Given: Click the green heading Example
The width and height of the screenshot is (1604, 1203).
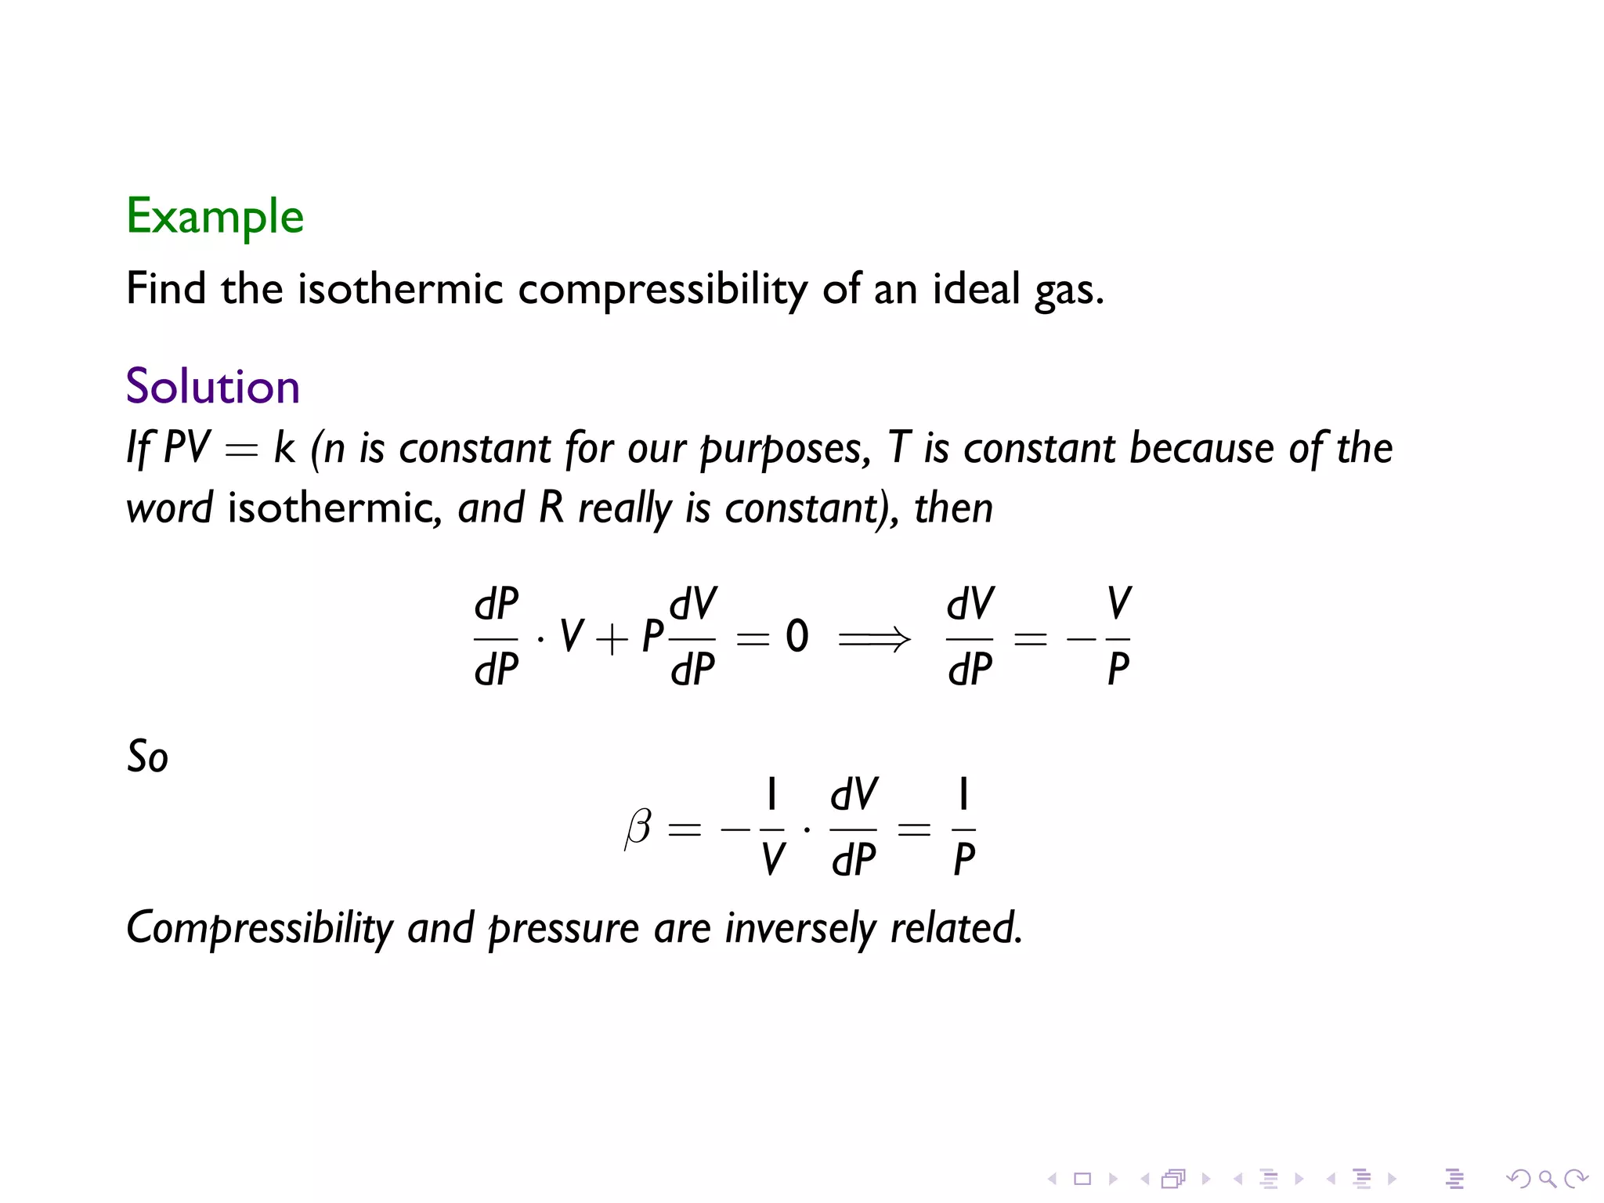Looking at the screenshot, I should tap(215, 216).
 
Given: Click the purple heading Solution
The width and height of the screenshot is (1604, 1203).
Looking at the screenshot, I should tap(212, 386).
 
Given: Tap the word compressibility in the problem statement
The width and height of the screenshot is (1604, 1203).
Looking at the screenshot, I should tap(662, 290).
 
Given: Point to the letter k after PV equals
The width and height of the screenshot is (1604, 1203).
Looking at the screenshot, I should tap(284, 448).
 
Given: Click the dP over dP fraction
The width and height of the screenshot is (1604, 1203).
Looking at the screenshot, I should tap(496, 637).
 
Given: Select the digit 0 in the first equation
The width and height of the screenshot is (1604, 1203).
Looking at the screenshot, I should tap(797, 637).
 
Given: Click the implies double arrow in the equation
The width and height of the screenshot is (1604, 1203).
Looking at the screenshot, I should tap(874, 639).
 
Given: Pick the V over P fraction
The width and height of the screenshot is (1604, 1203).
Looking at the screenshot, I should tap(1118, 637).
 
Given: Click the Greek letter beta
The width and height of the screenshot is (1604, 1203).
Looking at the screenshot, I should tap(638, 828).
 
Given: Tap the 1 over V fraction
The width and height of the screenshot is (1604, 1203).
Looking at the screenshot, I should tap(771, 827).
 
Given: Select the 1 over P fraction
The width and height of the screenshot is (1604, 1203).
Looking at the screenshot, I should tap(963, 827).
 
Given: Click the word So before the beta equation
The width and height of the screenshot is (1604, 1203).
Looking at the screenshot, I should tap(147, 757).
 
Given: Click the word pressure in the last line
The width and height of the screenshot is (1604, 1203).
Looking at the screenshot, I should tap(564, 929).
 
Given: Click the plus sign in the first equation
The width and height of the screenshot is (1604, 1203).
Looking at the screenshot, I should tap(612, 639).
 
